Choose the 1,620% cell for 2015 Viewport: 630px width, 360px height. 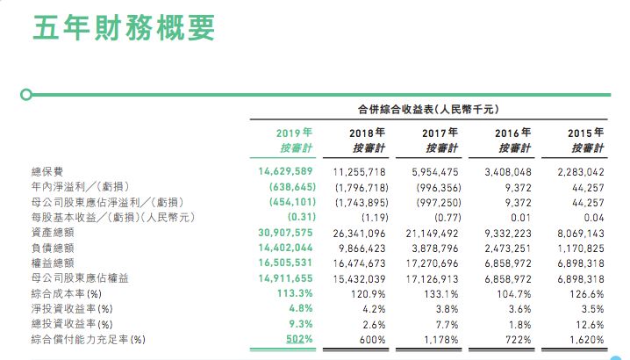[586, 339]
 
